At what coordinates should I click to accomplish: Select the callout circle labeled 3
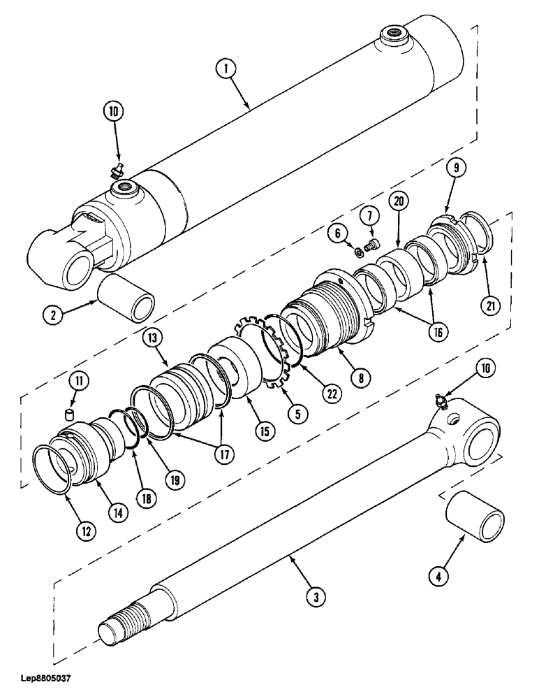point(316,596)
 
